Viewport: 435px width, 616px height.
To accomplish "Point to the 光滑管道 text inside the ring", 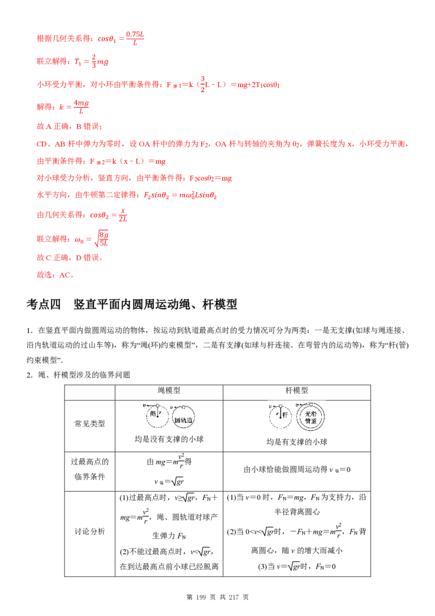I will click(311, 419).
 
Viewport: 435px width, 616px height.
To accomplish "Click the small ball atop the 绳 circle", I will click(157, 405).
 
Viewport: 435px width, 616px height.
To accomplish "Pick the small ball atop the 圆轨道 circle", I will click(185, 407).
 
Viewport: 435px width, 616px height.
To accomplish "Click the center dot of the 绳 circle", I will click(157, 417).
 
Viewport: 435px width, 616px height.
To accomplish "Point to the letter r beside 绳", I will click(160, 412).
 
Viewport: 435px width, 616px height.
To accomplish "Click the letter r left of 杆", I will click(277, 413).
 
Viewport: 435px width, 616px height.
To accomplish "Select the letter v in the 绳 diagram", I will click(142, 405).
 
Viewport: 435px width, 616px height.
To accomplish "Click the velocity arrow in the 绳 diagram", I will click(149, 405).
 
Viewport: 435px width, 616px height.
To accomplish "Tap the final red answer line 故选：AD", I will click(54, 275).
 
